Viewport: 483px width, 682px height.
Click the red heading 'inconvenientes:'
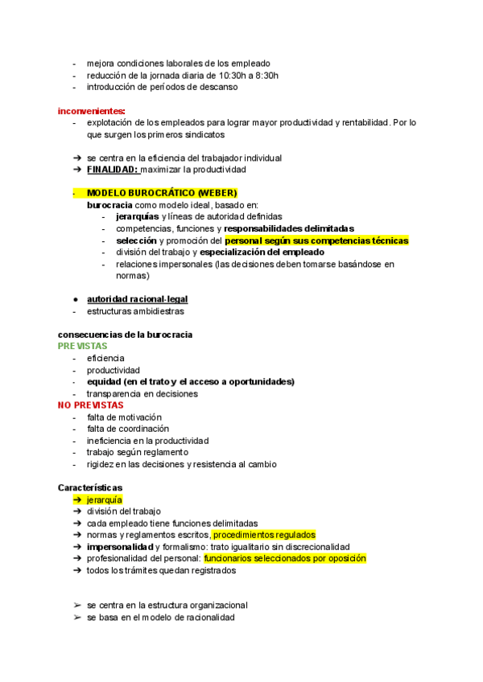click(91, 110)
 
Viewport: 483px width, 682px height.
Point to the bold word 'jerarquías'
click(137, 216)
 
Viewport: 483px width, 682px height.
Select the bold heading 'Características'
click(90, 487)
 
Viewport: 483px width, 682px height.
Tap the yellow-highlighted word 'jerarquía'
click(105, 499)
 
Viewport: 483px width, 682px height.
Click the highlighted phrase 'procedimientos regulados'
click(264, 535)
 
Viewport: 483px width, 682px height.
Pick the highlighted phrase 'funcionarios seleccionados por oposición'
click(285, 558)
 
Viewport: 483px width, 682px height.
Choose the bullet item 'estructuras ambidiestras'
click(135, 311)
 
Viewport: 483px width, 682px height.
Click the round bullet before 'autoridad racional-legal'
click(75, 299)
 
